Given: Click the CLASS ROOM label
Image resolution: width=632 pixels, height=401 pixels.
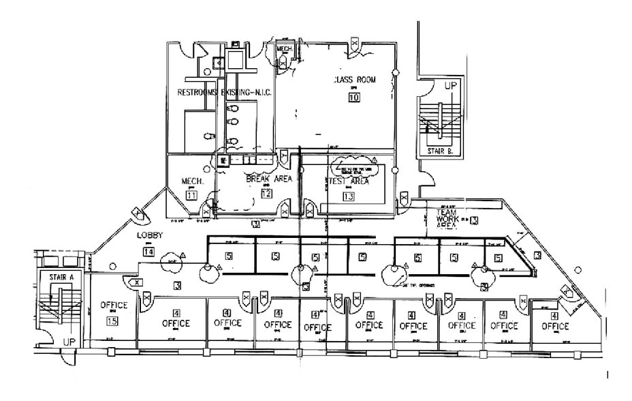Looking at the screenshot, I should coord(354,80).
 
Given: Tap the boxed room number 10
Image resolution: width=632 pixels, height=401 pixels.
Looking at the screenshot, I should coord(353,97).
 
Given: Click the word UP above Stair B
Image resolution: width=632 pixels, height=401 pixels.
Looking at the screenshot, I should coord(450,87).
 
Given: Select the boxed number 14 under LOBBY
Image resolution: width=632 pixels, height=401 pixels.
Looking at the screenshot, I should coord(148,251).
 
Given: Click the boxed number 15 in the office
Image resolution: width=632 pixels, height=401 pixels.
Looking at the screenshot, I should coord(113,321).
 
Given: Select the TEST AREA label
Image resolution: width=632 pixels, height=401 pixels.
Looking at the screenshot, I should coord(349,181).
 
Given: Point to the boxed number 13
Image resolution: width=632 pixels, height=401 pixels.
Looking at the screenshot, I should coord(349,197).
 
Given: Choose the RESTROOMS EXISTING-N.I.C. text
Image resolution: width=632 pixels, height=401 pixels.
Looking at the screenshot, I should coord(224,92).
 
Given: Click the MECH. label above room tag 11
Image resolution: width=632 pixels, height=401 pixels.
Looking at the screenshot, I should coord(189,181).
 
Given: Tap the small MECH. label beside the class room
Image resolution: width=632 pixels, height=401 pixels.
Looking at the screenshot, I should coord(284,49).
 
